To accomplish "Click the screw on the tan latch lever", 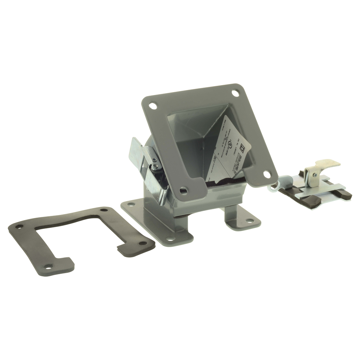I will [x=315, y=175].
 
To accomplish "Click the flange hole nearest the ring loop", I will [x=267, y=174].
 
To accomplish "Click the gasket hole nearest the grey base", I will [x=142, y=243].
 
